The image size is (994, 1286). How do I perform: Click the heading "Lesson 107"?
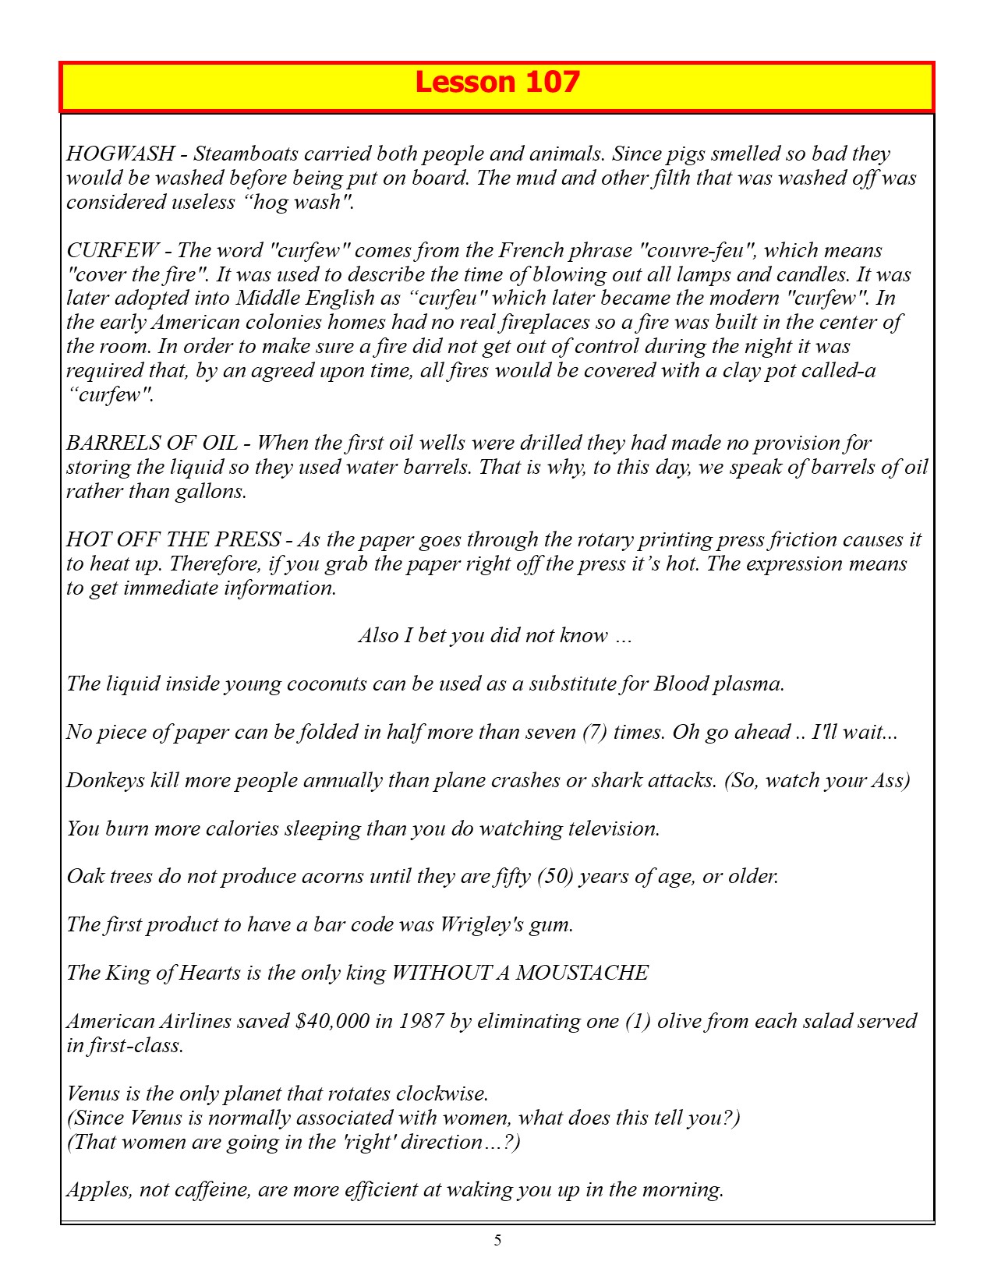[x=497, y=83]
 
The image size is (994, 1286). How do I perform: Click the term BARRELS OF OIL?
[x=152, y=443]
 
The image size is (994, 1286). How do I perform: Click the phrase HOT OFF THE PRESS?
[x=173, y=539]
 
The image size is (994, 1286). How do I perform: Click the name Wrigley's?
[x=481, y=924]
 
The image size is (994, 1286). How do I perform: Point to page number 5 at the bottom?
[x=497, y=1241]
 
